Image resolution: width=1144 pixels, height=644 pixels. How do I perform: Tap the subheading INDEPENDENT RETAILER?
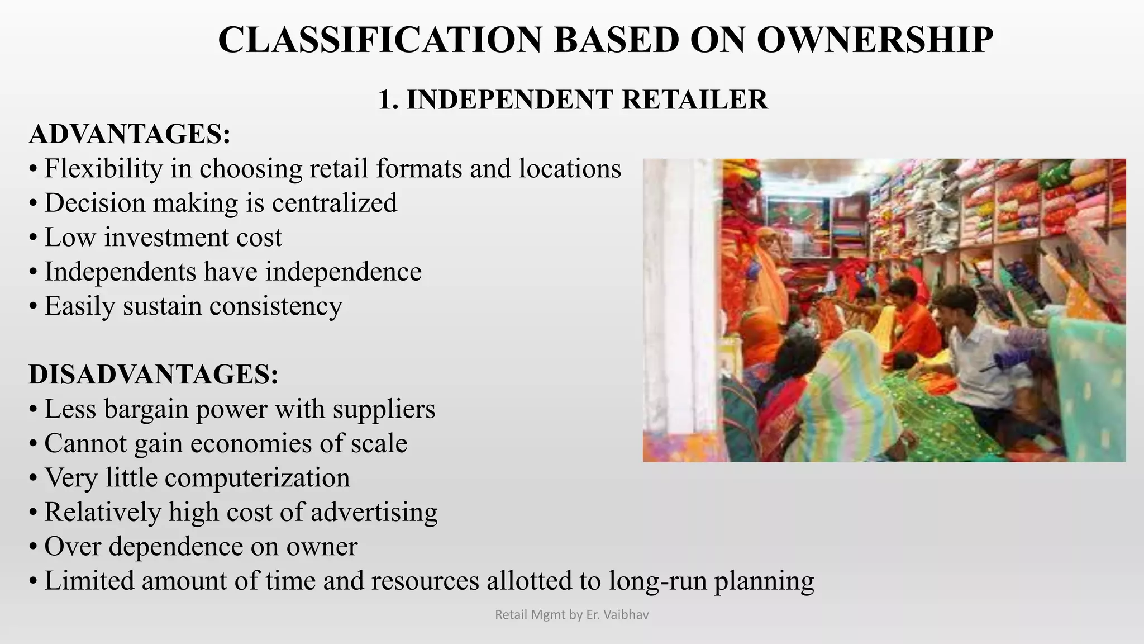click(587, 100)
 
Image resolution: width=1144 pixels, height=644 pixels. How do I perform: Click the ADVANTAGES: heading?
click(130, 134)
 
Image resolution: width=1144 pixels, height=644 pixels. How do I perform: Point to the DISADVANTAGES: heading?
click(154, 374)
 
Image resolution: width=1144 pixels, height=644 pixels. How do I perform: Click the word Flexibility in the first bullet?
click(103, 168)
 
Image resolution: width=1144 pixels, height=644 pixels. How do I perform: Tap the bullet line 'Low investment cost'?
click(163, 238)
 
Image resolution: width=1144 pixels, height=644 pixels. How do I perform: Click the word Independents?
click(120, 272)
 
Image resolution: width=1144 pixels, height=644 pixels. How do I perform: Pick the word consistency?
click(275, 306)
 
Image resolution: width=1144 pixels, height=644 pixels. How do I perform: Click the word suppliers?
click(384, 409)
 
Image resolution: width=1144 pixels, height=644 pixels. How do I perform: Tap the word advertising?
click(374, 512)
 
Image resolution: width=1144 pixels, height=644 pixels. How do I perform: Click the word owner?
click(322, 547)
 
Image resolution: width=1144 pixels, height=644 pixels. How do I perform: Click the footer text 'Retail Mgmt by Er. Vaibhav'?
click(572, 615)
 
